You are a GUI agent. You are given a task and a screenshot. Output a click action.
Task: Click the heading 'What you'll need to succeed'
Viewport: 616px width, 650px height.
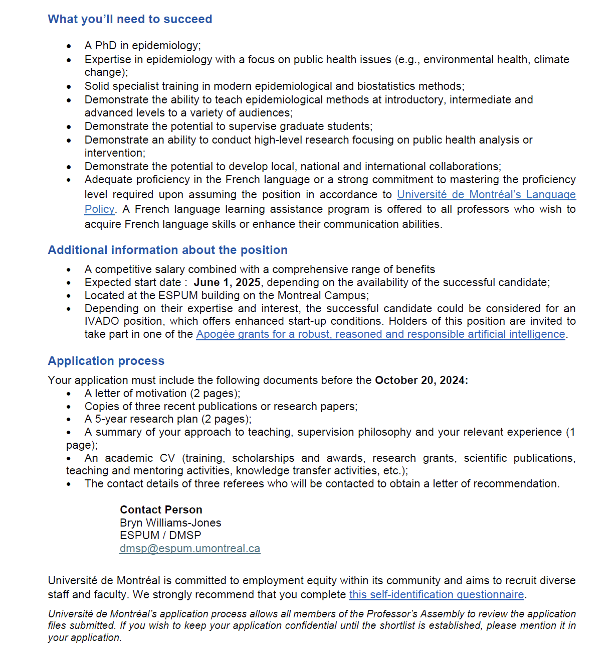130,19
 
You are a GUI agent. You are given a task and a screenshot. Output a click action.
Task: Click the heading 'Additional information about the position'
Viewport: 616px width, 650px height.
167,250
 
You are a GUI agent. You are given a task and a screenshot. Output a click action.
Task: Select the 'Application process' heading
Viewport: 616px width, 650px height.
106,361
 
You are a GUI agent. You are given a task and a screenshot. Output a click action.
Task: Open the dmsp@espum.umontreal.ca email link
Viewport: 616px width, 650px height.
189,549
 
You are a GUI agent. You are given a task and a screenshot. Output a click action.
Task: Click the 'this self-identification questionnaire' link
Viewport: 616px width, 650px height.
436,595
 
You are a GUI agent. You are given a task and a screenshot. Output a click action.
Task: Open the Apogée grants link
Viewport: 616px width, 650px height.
380,334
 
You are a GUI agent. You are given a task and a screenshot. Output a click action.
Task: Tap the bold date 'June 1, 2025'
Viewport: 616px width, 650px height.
227,283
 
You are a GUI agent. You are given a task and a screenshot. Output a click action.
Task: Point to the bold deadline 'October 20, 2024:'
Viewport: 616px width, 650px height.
421,380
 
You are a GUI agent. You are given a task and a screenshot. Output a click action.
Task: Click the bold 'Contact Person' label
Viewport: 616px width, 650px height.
161,510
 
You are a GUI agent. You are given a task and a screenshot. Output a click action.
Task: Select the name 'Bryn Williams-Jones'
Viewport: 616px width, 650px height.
170,523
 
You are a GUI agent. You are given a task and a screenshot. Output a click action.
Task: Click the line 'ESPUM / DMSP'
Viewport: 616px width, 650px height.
160,536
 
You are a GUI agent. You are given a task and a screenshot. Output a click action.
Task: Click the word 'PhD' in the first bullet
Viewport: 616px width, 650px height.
106,46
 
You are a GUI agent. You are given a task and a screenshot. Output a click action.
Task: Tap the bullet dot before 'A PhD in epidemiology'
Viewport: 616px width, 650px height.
69,46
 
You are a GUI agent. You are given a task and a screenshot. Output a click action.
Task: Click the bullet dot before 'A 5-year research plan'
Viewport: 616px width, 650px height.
69,420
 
